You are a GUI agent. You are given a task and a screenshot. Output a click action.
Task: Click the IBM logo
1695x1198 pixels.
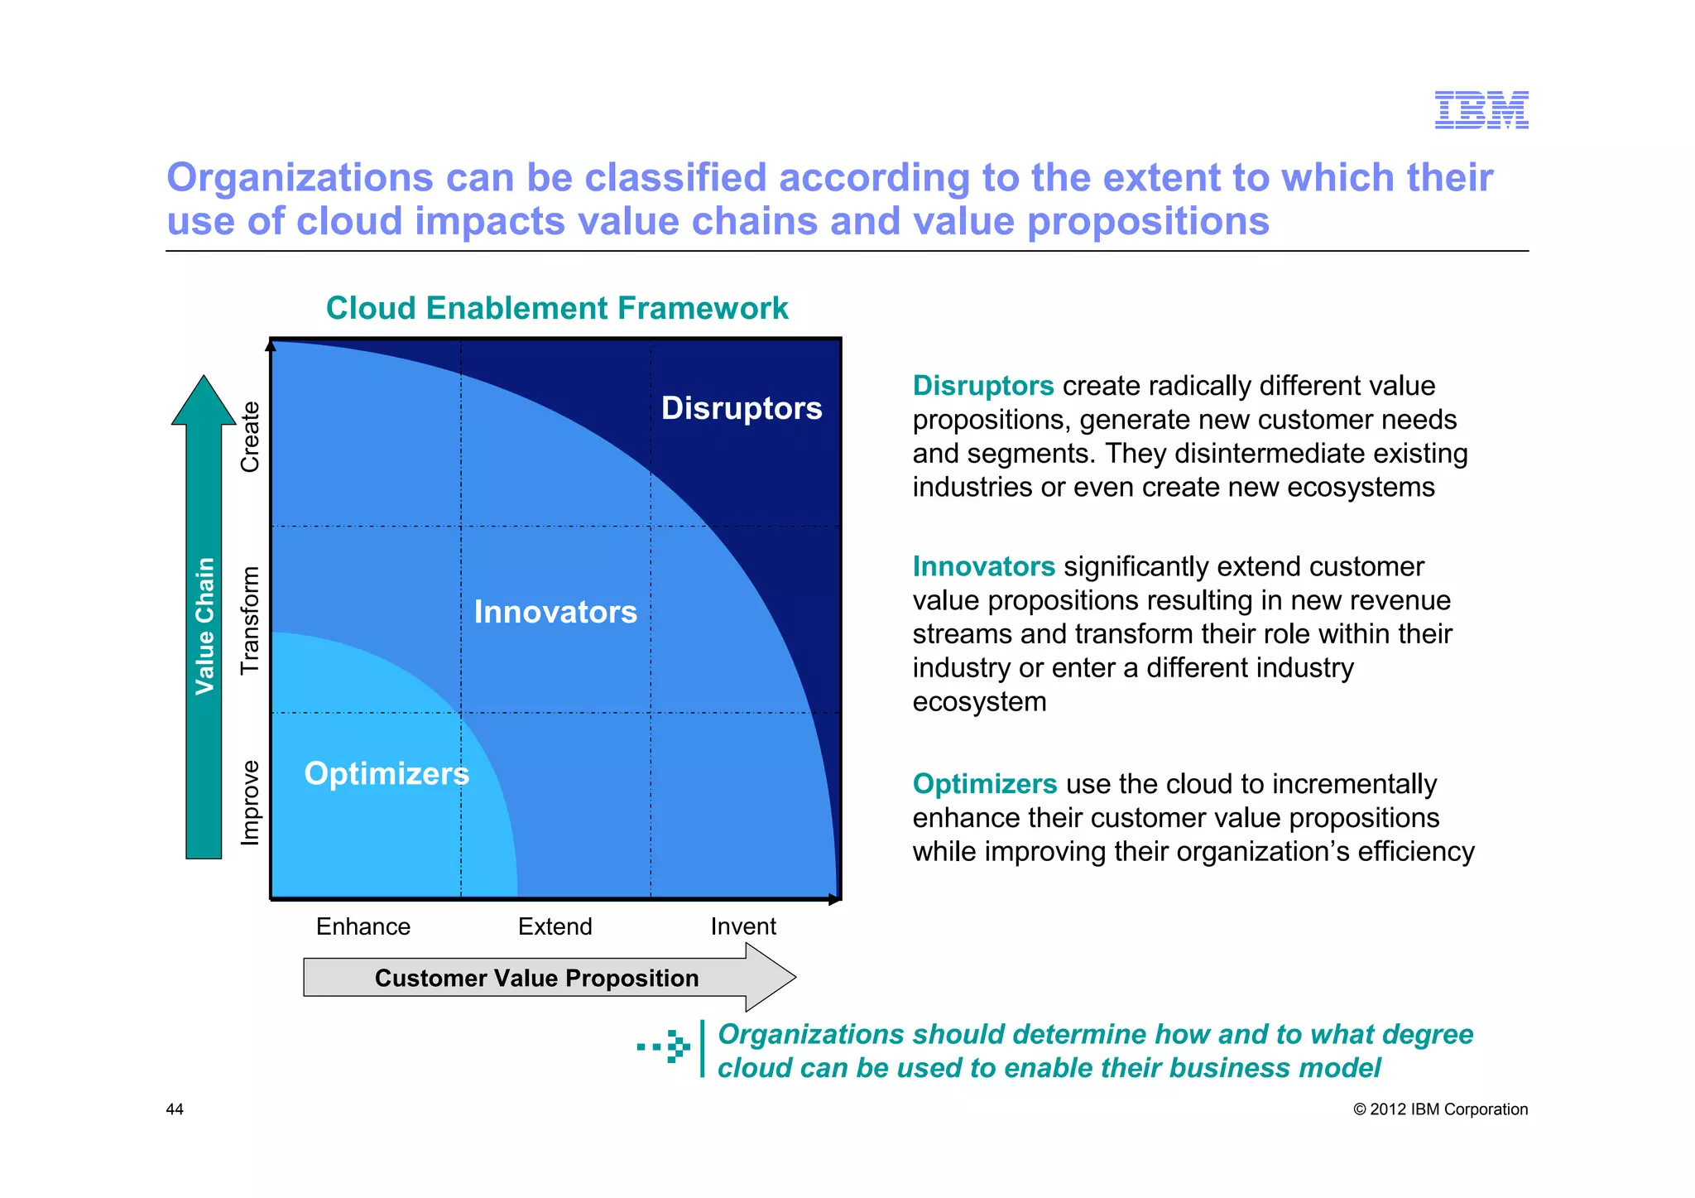pos(1481,110)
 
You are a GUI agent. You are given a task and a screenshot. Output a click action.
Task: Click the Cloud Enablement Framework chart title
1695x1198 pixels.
pos(556,308)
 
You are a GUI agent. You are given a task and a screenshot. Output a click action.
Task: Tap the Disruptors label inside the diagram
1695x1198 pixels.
pos(741,408)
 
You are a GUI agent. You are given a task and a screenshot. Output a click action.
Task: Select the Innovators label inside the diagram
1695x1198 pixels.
pos(555,612)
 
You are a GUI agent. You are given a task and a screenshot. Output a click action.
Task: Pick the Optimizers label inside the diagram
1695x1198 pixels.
pos(387,773)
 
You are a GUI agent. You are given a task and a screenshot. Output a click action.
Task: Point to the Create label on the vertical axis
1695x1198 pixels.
pos(250,436)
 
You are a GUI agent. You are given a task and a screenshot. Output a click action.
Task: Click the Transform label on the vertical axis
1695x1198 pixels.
pos(250,620)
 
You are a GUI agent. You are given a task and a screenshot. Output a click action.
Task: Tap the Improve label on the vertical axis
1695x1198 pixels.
pos(250,802)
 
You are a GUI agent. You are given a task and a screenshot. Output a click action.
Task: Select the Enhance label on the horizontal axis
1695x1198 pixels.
pos(363,926)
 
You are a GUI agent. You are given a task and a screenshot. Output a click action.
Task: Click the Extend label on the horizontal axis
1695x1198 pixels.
pos(555,926)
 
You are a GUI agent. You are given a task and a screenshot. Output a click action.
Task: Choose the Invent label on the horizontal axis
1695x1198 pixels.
pos(743,926)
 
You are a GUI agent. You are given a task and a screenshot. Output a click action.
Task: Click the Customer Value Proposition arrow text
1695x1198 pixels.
pos(536,978)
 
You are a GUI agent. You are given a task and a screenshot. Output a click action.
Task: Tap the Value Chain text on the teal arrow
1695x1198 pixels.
pos(204,626)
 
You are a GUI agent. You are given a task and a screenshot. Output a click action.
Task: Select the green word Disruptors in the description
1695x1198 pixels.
pos(982,386)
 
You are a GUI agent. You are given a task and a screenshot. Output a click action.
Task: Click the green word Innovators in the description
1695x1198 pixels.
pos(983,566)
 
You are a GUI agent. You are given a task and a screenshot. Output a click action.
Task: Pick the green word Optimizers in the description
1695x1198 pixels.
pos(984,783)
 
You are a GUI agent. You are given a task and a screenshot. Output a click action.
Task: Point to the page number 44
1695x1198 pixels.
pos(175,1109)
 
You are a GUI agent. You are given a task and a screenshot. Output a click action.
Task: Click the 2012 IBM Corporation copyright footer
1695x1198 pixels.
pos(1440,1109)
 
